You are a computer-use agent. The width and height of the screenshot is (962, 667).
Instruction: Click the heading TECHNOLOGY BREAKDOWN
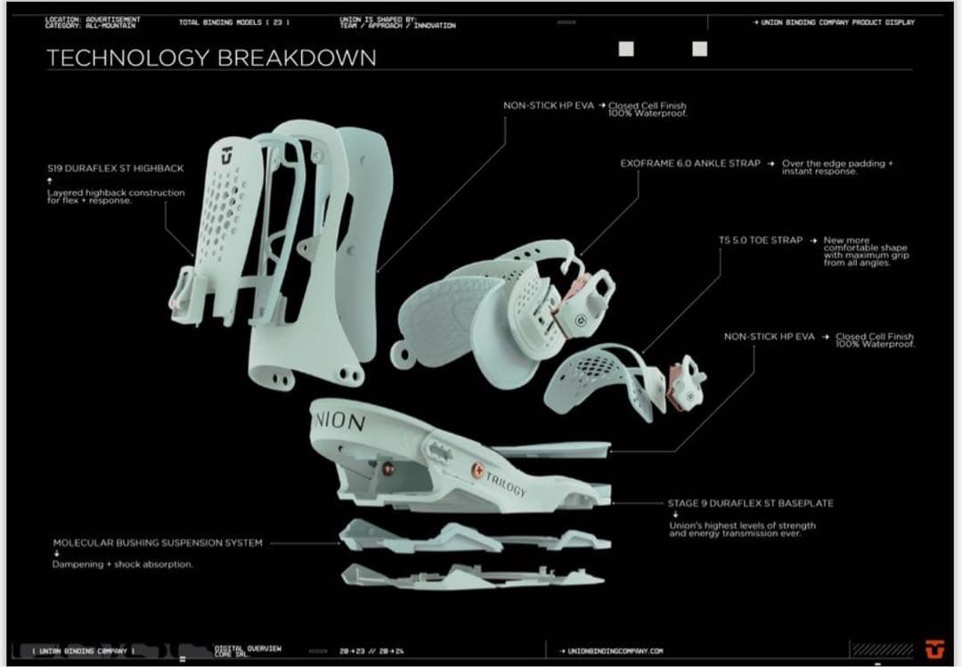(211, 59)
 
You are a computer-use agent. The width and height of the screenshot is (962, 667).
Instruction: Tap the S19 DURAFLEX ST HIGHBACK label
(116, 167)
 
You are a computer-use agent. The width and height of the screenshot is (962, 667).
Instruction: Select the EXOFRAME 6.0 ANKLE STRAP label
(690, 164)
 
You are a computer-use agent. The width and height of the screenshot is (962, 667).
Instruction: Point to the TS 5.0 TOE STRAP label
(761, 240)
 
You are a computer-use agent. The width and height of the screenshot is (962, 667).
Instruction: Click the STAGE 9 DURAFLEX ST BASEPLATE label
(750, 503)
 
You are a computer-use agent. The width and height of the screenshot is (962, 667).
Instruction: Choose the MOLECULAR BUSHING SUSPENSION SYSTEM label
(158, 542)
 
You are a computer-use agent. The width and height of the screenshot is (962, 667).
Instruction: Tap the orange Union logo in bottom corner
(933, 650)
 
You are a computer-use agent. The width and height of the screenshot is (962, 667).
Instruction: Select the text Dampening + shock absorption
(122, 564)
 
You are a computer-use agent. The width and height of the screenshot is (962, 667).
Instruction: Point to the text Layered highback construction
(116, 192)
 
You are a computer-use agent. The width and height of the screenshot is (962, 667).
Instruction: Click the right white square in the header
(699, 49)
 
